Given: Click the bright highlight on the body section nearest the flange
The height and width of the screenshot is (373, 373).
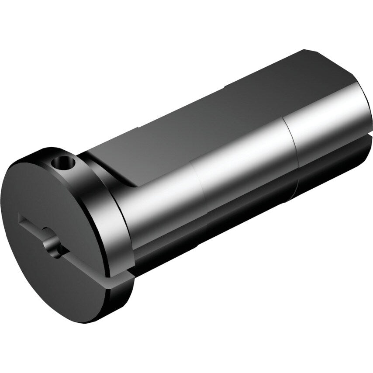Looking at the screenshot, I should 157,192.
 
